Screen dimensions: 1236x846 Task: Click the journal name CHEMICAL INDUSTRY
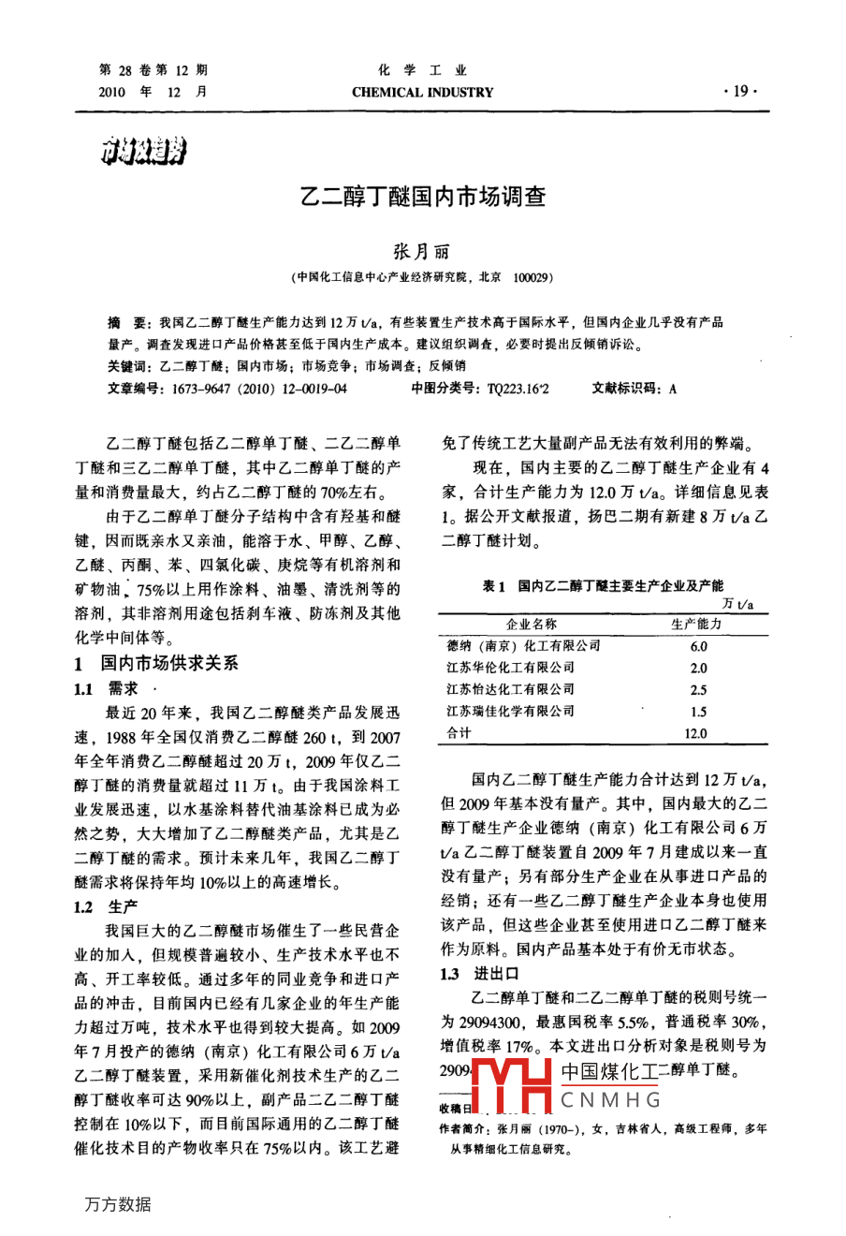(422, 93)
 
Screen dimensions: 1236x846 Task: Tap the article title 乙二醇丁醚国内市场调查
(422, 197)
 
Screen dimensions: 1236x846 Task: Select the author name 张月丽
(421, 252)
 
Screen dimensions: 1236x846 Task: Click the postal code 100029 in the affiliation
(533, 277)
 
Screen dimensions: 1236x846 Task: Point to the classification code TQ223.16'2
(518, 388)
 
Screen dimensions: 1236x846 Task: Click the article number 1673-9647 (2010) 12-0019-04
(254, 388)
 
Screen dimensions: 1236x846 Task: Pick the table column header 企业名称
(531, 624)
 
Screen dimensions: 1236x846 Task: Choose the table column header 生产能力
(696, 624)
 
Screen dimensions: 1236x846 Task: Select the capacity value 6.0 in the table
(698, 646)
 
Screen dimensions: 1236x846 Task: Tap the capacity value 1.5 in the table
(698, 712)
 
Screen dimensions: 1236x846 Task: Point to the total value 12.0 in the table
(696, 733)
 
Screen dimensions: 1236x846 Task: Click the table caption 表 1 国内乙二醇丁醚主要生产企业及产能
(602, 585)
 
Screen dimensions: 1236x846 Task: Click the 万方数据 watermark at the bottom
(118, 1204)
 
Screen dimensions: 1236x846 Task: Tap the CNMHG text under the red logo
(611, 1099)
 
